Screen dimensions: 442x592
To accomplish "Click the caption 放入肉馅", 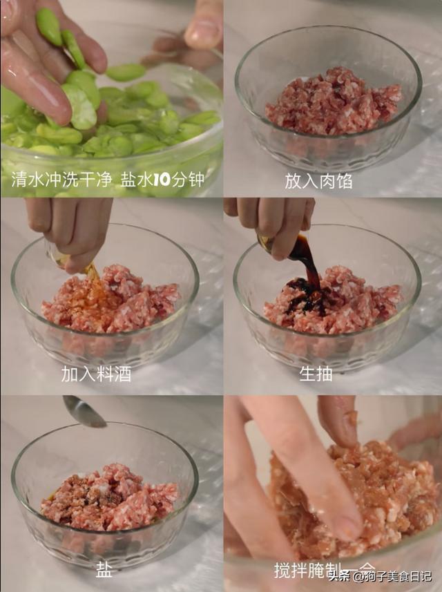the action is coord(318,181).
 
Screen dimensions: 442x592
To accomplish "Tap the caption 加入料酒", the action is coord(96,374).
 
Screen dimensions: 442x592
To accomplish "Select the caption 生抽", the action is coord(316,374).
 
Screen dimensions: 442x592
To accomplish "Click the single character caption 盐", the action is coord(104,569).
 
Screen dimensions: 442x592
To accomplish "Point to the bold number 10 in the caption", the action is coord(161,180).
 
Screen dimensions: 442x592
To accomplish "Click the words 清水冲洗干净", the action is coord(61,180).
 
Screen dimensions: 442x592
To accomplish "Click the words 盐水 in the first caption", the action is coord(136,180).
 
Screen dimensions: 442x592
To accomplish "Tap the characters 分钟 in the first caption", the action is coord(187,180).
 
